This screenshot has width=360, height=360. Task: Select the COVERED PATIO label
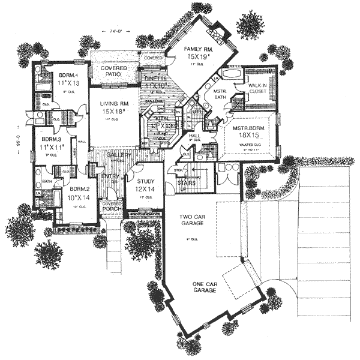pos(114,72)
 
